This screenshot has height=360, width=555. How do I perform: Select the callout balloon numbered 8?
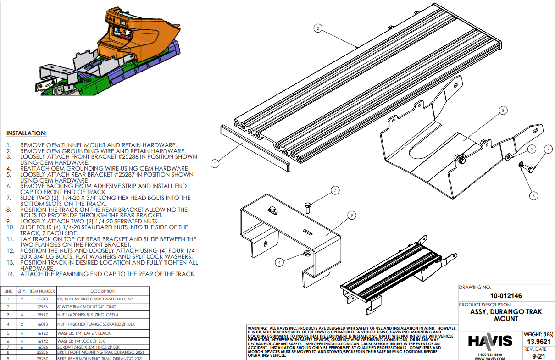click(503, 111)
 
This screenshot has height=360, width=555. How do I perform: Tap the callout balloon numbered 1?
click(214, 162)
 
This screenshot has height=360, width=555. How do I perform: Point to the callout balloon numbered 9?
click(351, 215)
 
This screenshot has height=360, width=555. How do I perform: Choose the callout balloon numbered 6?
click(533, 196)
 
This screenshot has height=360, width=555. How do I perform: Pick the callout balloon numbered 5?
click(531, 149)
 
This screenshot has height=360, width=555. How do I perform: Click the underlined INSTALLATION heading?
click(27, 133)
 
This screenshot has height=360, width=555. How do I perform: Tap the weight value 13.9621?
click(538, 342)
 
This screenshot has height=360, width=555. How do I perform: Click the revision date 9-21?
click(538, 355)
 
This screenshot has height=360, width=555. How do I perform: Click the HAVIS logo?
click(490, 341)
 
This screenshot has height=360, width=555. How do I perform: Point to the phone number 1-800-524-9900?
click(490, 354)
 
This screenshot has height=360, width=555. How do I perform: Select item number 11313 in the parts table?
click(42, 299)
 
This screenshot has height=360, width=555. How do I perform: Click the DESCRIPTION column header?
click(103, 291)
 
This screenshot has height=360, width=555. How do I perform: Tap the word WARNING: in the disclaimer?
click(257, 328)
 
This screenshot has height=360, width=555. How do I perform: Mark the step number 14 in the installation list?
click(10, 274)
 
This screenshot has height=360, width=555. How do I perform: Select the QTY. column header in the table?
click(22, 291)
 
